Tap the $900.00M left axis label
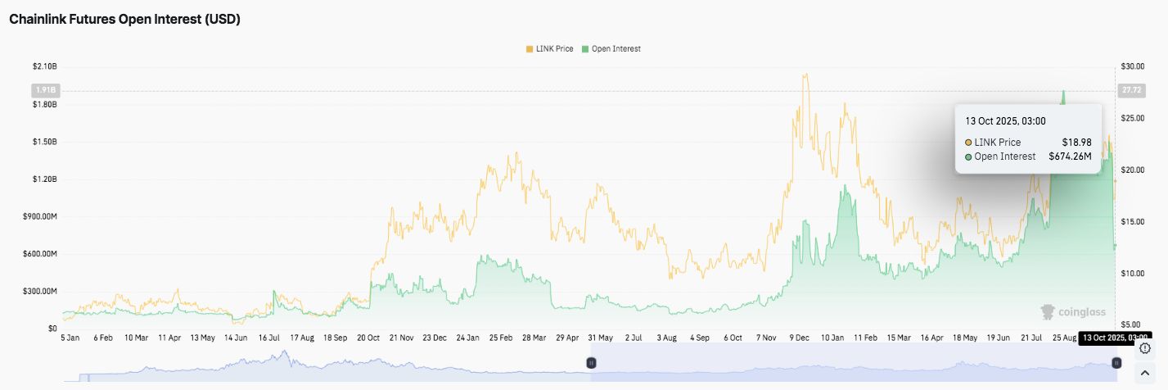[x=39, y=216]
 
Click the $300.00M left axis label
[x=39, y=291]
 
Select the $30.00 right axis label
[x=1133, y=66]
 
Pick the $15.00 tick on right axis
[x=1133, y=221]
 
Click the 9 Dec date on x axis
[x=800, y=337]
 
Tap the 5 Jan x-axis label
[x=70, y=337]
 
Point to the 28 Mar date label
[x=533, y=337]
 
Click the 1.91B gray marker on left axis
[x=43, y=89]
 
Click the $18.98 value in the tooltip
[x=1077, y=142]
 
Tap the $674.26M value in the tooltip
[x=1070, y=156]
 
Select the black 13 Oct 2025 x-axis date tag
[x=1115, y=337]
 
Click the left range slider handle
[x=591, y=362]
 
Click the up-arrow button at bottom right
[x=1145, y=374]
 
